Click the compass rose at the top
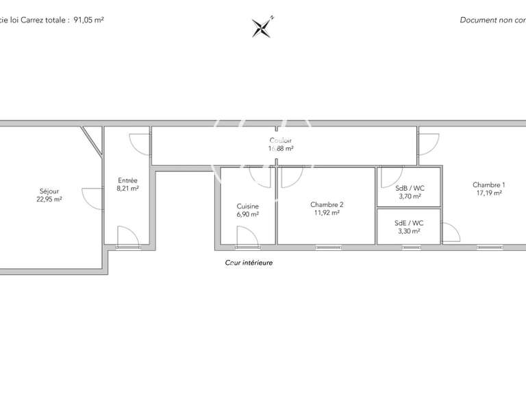click(262, 27)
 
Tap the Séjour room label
click(49, 191)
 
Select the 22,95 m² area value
click(49, 200)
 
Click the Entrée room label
click(128, 180)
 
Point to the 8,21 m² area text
click(128, 188)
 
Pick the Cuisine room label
click(248, 206)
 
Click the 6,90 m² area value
click(248, 215)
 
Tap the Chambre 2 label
click(327, 204)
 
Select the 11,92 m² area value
click(327, 213)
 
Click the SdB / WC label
click(410, 188)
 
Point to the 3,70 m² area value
click(410, 196)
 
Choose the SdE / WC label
click(410, 223)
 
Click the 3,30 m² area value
click(410, 231)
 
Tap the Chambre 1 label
click(489, 184)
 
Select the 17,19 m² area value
click(489, 193)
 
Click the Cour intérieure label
click(249, 263)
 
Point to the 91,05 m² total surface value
click(88, 20)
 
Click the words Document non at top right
click(488, 20)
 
